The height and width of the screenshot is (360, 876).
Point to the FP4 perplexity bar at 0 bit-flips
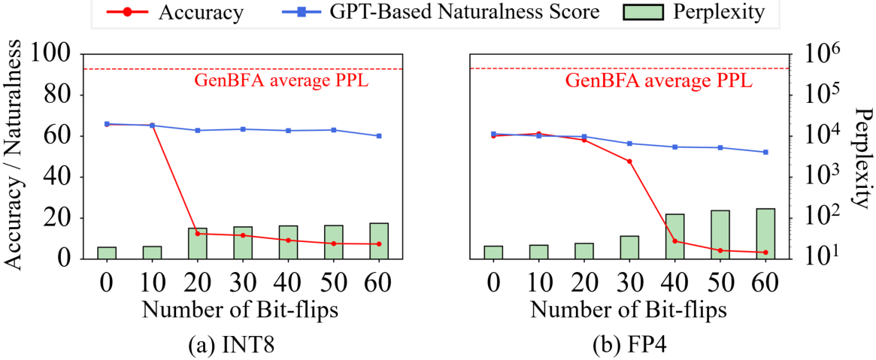tap(493, 253)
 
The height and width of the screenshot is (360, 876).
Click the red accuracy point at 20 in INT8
tap(197, 233)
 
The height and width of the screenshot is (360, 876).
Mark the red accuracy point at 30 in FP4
tap(629, 162)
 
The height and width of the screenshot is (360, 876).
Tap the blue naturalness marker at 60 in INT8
tap(379, 135)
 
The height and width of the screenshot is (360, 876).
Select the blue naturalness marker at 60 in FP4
tap(765, 152)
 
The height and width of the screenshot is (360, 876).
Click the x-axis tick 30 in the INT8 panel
tap(242, 277)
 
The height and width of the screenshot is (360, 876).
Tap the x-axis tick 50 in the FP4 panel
tap(720, 277)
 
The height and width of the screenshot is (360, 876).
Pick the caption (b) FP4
tap(629, 344)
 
